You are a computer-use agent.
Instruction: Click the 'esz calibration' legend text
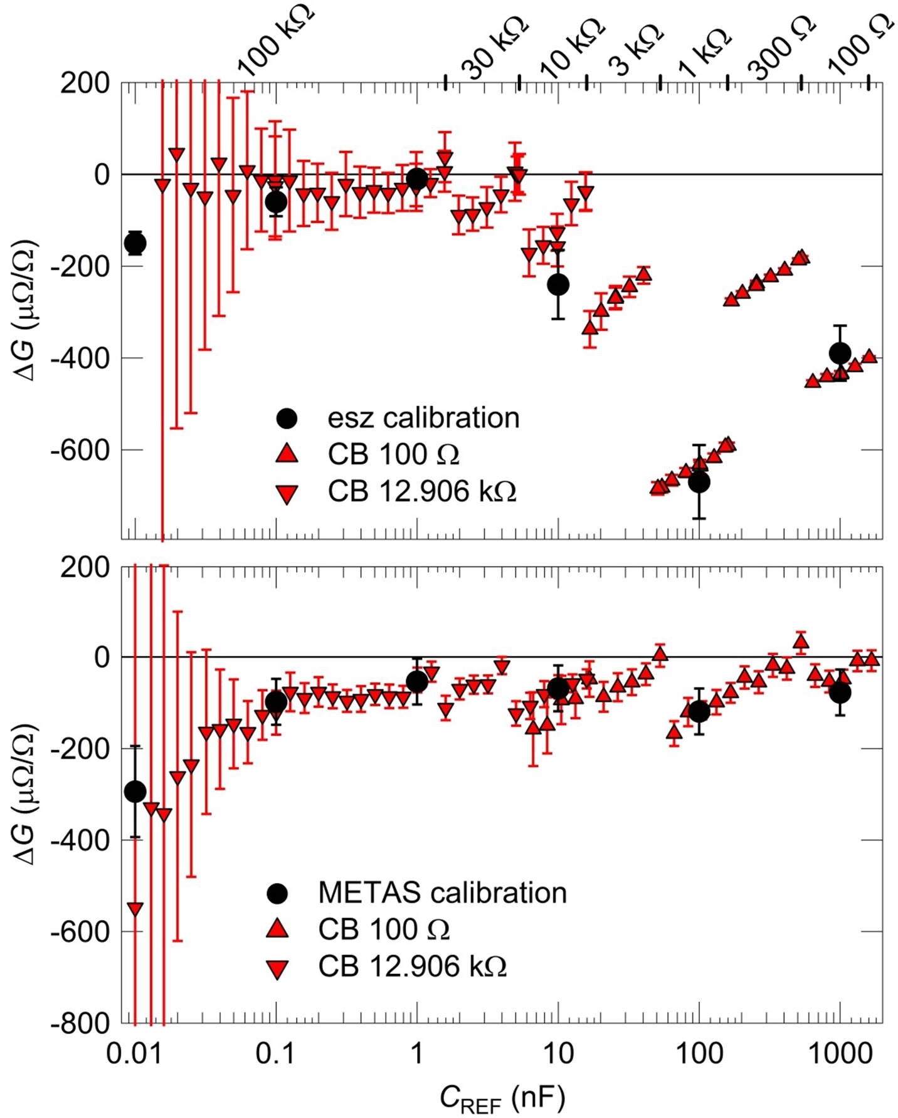[423, 418]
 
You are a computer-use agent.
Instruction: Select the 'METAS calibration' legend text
[442, 893]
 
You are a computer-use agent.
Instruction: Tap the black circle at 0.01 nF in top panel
[135, 243]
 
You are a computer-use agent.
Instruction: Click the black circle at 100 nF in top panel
[699, 482]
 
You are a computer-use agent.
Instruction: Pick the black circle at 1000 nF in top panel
[840, 353]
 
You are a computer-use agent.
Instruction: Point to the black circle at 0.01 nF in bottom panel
[135, 791]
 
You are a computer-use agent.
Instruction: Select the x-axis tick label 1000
[839, 1055]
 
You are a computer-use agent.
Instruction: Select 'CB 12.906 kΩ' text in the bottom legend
[412, 966]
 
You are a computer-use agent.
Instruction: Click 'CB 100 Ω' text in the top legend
[393, 454]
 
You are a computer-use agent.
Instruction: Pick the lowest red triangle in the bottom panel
[135, 909]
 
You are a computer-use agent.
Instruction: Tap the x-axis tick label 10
[557, 1055]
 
